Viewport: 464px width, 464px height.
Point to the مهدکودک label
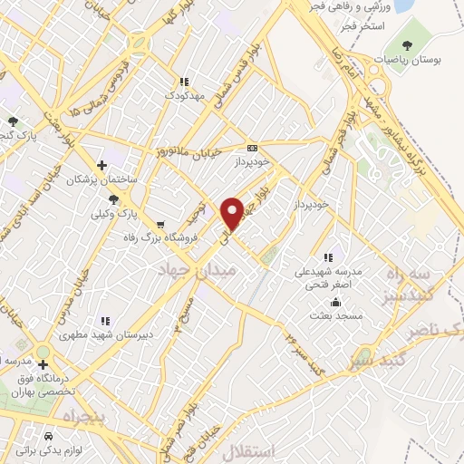183,93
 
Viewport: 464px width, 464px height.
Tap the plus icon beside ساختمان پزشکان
101,165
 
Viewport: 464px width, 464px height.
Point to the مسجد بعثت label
336,316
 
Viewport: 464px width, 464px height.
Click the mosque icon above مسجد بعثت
336,303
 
